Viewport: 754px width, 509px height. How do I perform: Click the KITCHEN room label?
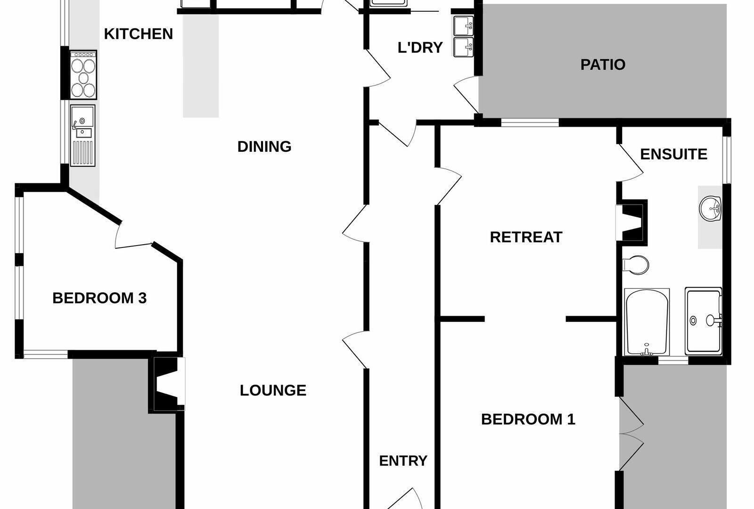coord(139,34)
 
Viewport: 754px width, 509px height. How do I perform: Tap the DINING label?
coord(264,147)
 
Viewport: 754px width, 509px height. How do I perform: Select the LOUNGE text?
coord(273,391)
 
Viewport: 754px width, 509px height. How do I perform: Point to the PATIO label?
coord(603,65)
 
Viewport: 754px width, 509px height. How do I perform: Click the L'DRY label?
coord(420,48)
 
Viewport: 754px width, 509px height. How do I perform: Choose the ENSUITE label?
coord(673,154)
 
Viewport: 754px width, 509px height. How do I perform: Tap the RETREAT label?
coord(526,237)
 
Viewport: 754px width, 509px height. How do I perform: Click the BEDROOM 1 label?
coord(528,419)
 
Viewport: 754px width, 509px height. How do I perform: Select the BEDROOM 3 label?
coord(99,298)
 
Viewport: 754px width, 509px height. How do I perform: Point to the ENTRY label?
coord(403,461)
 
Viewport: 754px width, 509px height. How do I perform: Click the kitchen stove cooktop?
coord(83,75)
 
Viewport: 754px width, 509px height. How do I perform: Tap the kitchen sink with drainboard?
coord(83,136)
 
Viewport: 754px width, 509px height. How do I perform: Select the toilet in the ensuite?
coord(636,265)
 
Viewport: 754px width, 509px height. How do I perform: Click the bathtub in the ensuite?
coord(647,322)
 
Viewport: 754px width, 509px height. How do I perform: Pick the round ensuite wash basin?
coord(710,209)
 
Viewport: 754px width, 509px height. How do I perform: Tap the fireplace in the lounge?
coord(167,384)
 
